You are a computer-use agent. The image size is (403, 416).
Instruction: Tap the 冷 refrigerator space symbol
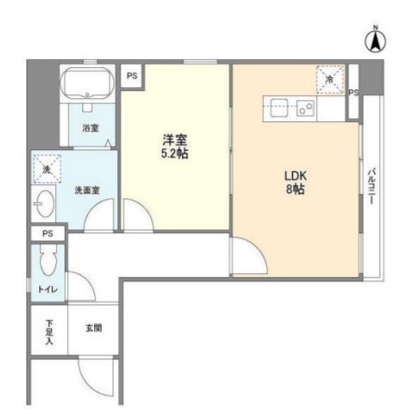coord(329,77)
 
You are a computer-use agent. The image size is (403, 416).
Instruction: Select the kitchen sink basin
coord(282,107)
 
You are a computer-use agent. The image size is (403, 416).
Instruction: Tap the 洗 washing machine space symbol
coord(45,169)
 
